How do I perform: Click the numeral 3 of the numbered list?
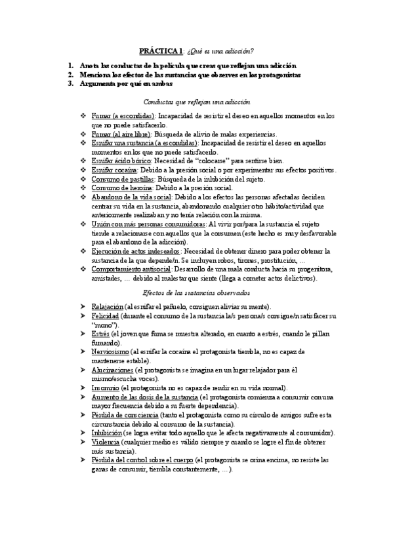(71, 83)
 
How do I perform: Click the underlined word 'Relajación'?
(107, 307)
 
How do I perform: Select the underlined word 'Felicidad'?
(105, 315)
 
